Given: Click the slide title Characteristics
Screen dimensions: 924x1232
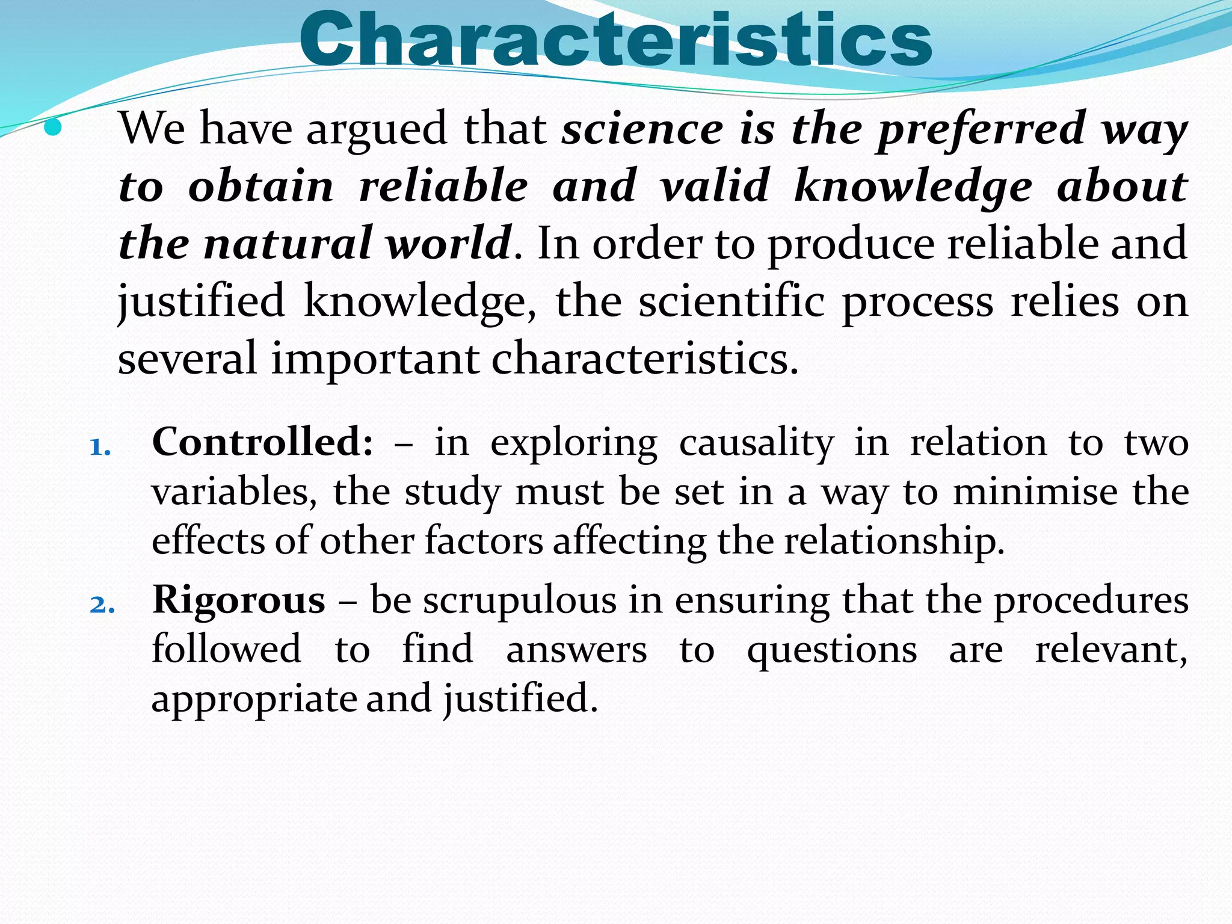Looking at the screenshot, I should (x=615, y=39).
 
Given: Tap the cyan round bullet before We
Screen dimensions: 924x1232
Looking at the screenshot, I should (x=54, y=127).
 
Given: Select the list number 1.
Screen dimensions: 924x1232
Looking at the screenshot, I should (x=100, y=448).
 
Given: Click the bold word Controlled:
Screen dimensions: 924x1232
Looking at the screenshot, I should (x=263, y=442).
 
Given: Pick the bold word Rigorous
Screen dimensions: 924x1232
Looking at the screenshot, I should (x=239, y=600).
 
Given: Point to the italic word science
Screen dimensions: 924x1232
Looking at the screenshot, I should (x=642, y=129).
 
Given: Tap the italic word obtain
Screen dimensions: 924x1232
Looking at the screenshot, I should (x=261, y=186).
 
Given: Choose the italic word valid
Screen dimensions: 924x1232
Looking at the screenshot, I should (x=715, y=186).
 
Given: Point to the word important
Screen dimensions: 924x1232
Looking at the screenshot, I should (x=375, y=359).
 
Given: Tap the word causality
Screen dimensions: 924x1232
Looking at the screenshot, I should (x=757, y=444).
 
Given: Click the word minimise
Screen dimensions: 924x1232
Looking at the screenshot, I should (x=1035, y=492).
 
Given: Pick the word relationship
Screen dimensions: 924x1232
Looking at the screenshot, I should (x=894, y=541).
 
